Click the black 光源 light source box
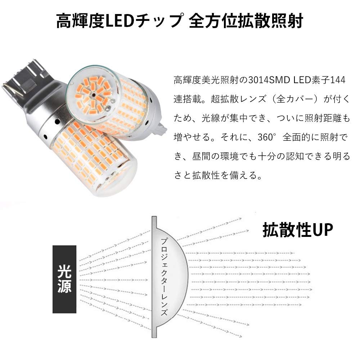(64, 279)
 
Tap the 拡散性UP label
(298, 230)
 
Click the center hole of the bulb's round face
(93, 96)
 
